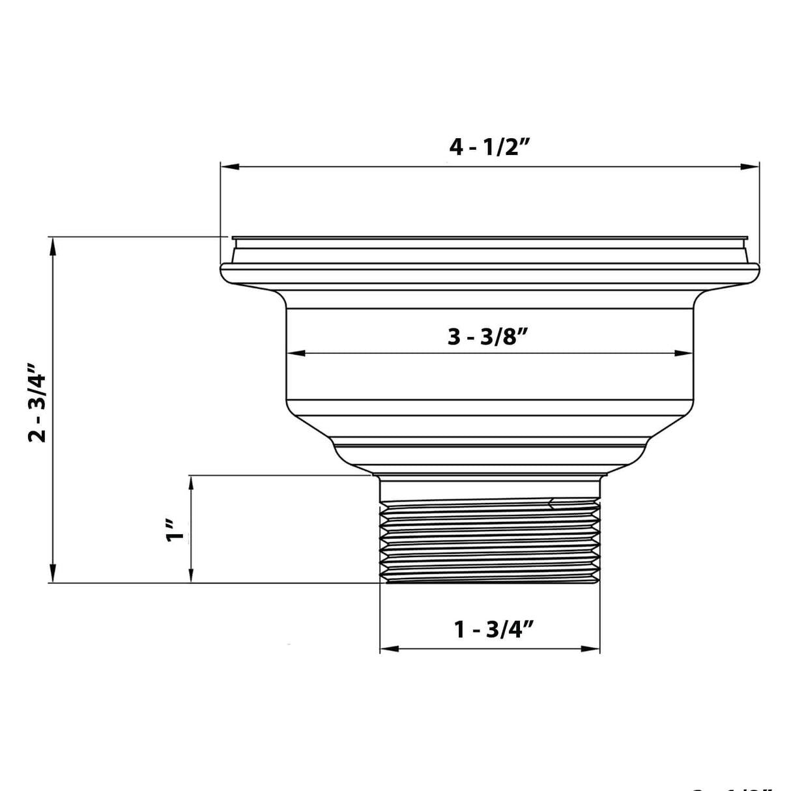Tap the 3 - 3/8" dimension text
(487, 338)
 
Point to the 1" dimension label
(173, 530)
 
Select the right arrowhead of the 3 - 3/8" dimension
(684, 353)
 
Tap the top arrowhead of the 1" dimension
(191, 484)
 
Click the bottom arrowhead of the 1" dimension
(191, 575)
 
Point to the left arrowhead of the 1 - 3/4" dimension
(388, 648)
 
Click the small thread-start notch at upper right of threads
(553, 502)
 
